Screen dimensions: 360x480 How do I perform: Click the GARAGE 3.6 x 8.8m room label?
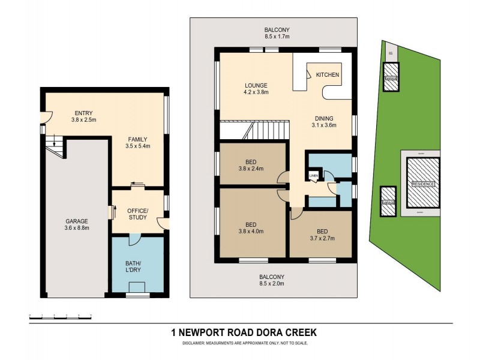pos(76,224)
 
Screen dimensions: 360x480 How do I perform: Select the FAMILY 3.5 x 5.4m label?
pos(137,143)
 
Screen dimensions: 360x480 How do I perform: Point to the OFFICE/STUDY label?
pos(137,213)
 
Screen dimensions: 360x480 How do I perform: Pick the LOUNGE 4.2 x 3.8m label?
pos(256,89)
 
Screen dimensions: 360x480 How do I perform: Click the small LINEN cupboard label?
pos(313,175)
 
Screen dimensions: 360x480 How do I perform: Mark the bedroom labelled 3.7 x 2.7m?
pos(318,234)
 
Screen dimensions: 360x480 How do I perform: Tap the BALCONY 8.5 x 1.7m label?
pos(277,33)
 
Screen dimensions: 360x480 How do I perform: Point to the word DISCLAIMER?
pos(197,343)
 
